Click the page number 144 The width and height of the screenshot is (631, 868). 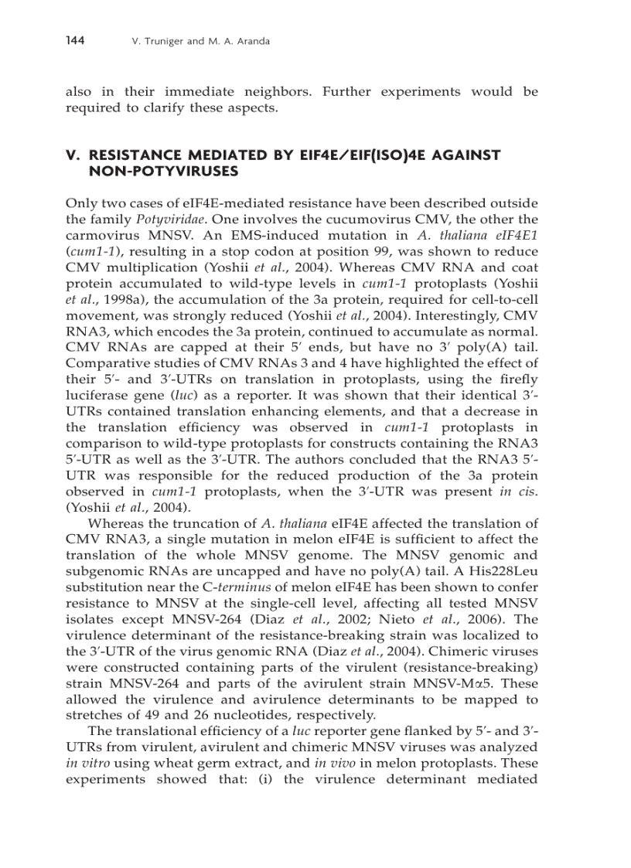point(74,40)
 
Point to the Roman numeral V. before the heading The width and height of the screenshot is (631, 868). point(73,155)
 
